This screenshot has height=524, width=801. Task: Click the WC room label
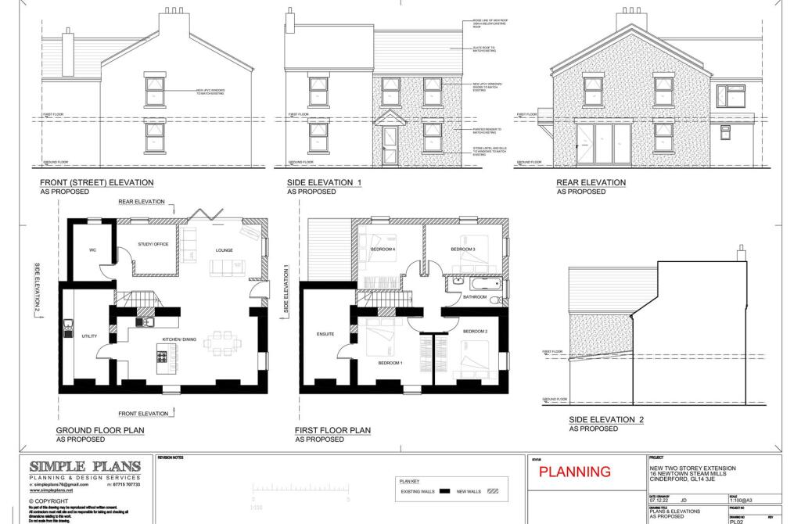coord(92,250)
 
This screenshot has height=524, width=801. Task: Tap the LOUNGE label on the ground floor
coord(225,251)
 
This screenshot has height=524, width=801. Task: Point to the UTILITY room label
coord(89,336)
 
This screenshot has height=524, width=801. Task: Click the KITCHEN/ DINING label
coord(178,339)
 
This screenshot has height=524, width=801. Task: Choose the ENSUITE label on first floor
coord(325,334)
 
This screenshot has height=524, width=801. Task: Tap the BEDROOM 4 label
coord(383,249)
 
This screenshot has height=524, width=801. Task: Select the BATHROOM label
coord(475,297)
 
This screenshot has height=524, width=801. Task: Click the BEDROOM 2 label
coord(475,332)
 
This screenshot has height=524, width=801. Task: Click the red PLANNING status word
coord(575,472)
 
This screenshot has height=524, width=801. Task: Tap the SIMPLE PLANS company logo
coord(84,466)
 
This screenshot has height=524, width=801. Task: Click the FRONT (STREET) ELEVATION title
coord(96,183)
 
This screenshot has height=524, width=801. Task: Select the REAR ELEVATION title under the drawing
coord(591,183)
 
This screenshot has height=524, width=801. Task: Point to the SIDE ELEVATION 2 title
coord(606,420)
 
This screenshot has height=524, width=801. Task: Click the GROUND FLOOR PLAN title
coord(100,430)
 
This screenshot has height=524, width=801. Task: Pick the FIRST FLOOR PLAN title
coord(332,430)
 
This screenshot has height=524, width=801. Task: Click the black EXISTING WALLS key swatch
coord(444,492)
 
